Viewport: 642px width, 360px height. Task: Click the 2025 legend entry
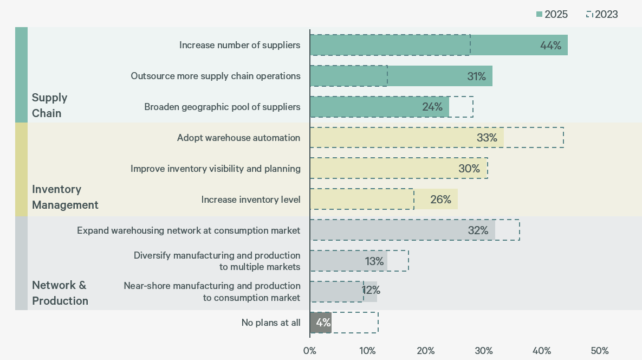(x=552, y=15)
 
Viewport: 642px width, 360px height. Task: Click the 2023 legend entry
(x=602, y=15)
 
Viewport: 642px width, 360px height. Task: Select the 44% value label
(x=550, y=46)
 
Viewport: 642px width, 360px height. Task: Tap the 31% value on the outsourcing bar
(x=476, y=76)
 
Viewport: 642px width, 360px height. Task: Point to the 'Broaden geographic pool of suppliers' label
(x=222, y=107)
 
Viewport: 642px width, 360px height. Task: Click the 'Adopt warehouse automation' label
(x=238, y=138)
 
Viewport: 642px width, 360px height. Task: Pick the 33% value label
(x=487, y=138)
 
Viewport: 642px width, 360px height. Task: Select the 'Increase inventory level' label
(x=250, y=200)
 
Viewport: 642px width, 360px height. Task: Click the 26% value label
(x=440, y=200)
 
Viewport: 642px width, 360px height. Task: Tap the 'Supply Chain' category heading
(x=49, y=105)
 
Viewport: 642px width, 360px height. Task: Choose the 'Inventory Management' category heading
(x=65, y=197)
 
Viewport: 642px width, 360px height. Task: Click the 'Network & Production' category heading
(x=60, y=293)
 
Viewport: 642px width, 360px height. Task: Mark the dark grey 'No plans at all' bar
(x=320, y=323)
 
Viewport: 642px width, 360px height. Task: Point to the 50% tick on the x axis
(x=599, y=351)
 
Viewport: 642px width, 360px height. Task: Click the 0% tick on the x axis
(x=309, y=351)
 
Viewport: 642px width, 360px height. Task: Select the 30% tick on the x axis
(x=483, y=351)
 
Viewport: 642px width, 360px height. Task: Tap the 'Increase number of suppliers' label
(x=239, y=45)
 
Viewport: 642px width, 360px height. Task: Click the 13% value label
(x=374, y=261)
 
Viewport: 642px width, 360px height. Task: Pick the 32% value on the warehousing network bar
(x=478, y=230)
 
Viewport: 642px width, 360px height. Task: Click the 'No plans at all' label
(x=270, y=323)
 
